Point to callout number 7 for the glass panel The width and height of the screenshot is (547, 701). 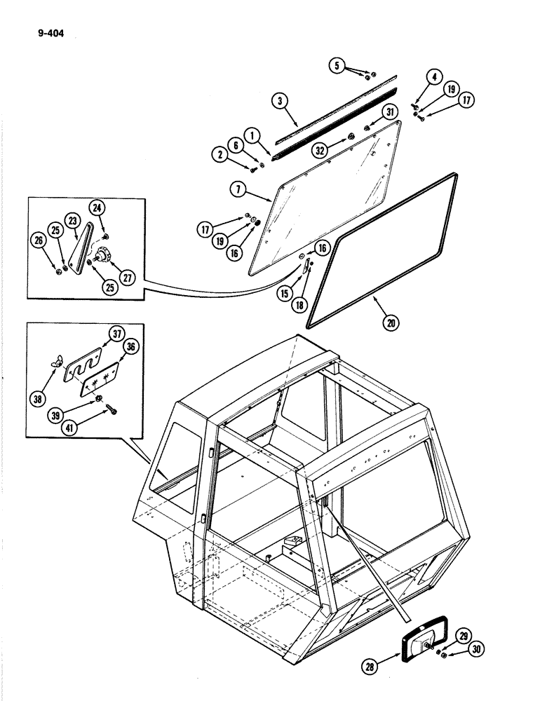[236, 190]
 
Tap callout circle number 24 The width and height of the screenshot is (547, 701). [97, 207]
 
